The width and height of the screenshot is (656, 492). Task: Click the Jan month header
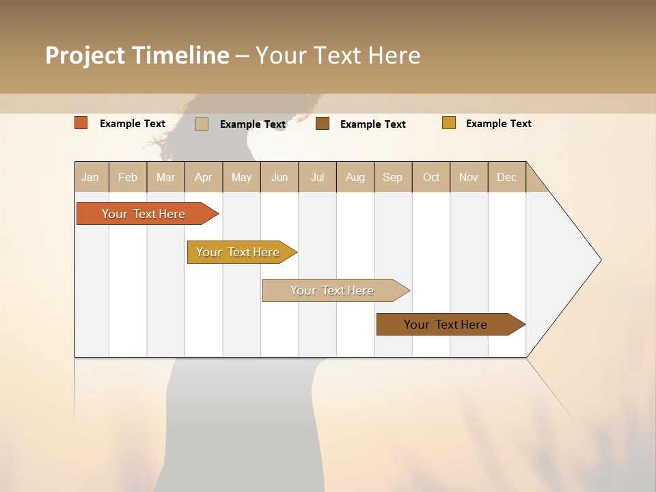tap(90, 177)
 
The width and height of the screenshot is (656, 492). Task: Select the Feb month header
tap(128, 177)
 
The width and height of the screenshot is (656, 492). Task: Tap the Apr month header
tap(204, 177)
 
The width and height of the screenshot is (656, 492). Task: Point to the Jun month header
tap(279, 177)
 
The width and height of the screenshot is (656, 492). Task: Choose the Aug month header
tap(355, 177)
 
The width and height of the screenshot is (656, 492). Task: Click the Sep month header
tap(393, 177)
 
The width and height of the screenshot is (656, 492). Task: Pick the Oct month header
tap(431, 177)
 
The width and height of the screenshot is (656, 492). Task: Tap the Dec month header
tap(507, 177)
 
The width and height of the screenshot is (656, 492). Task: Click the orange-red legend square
tap(81, 123)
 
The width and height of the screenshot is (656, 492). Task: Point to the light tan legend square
tap(202, 124)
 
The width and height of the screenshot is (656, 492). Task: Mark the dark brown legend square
tap(323, 124)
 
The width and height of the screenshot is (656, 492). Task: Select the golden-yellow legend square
tap(449, 123)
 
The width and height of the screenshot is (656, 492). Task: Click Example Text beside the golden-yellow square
tap(499, 124)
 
